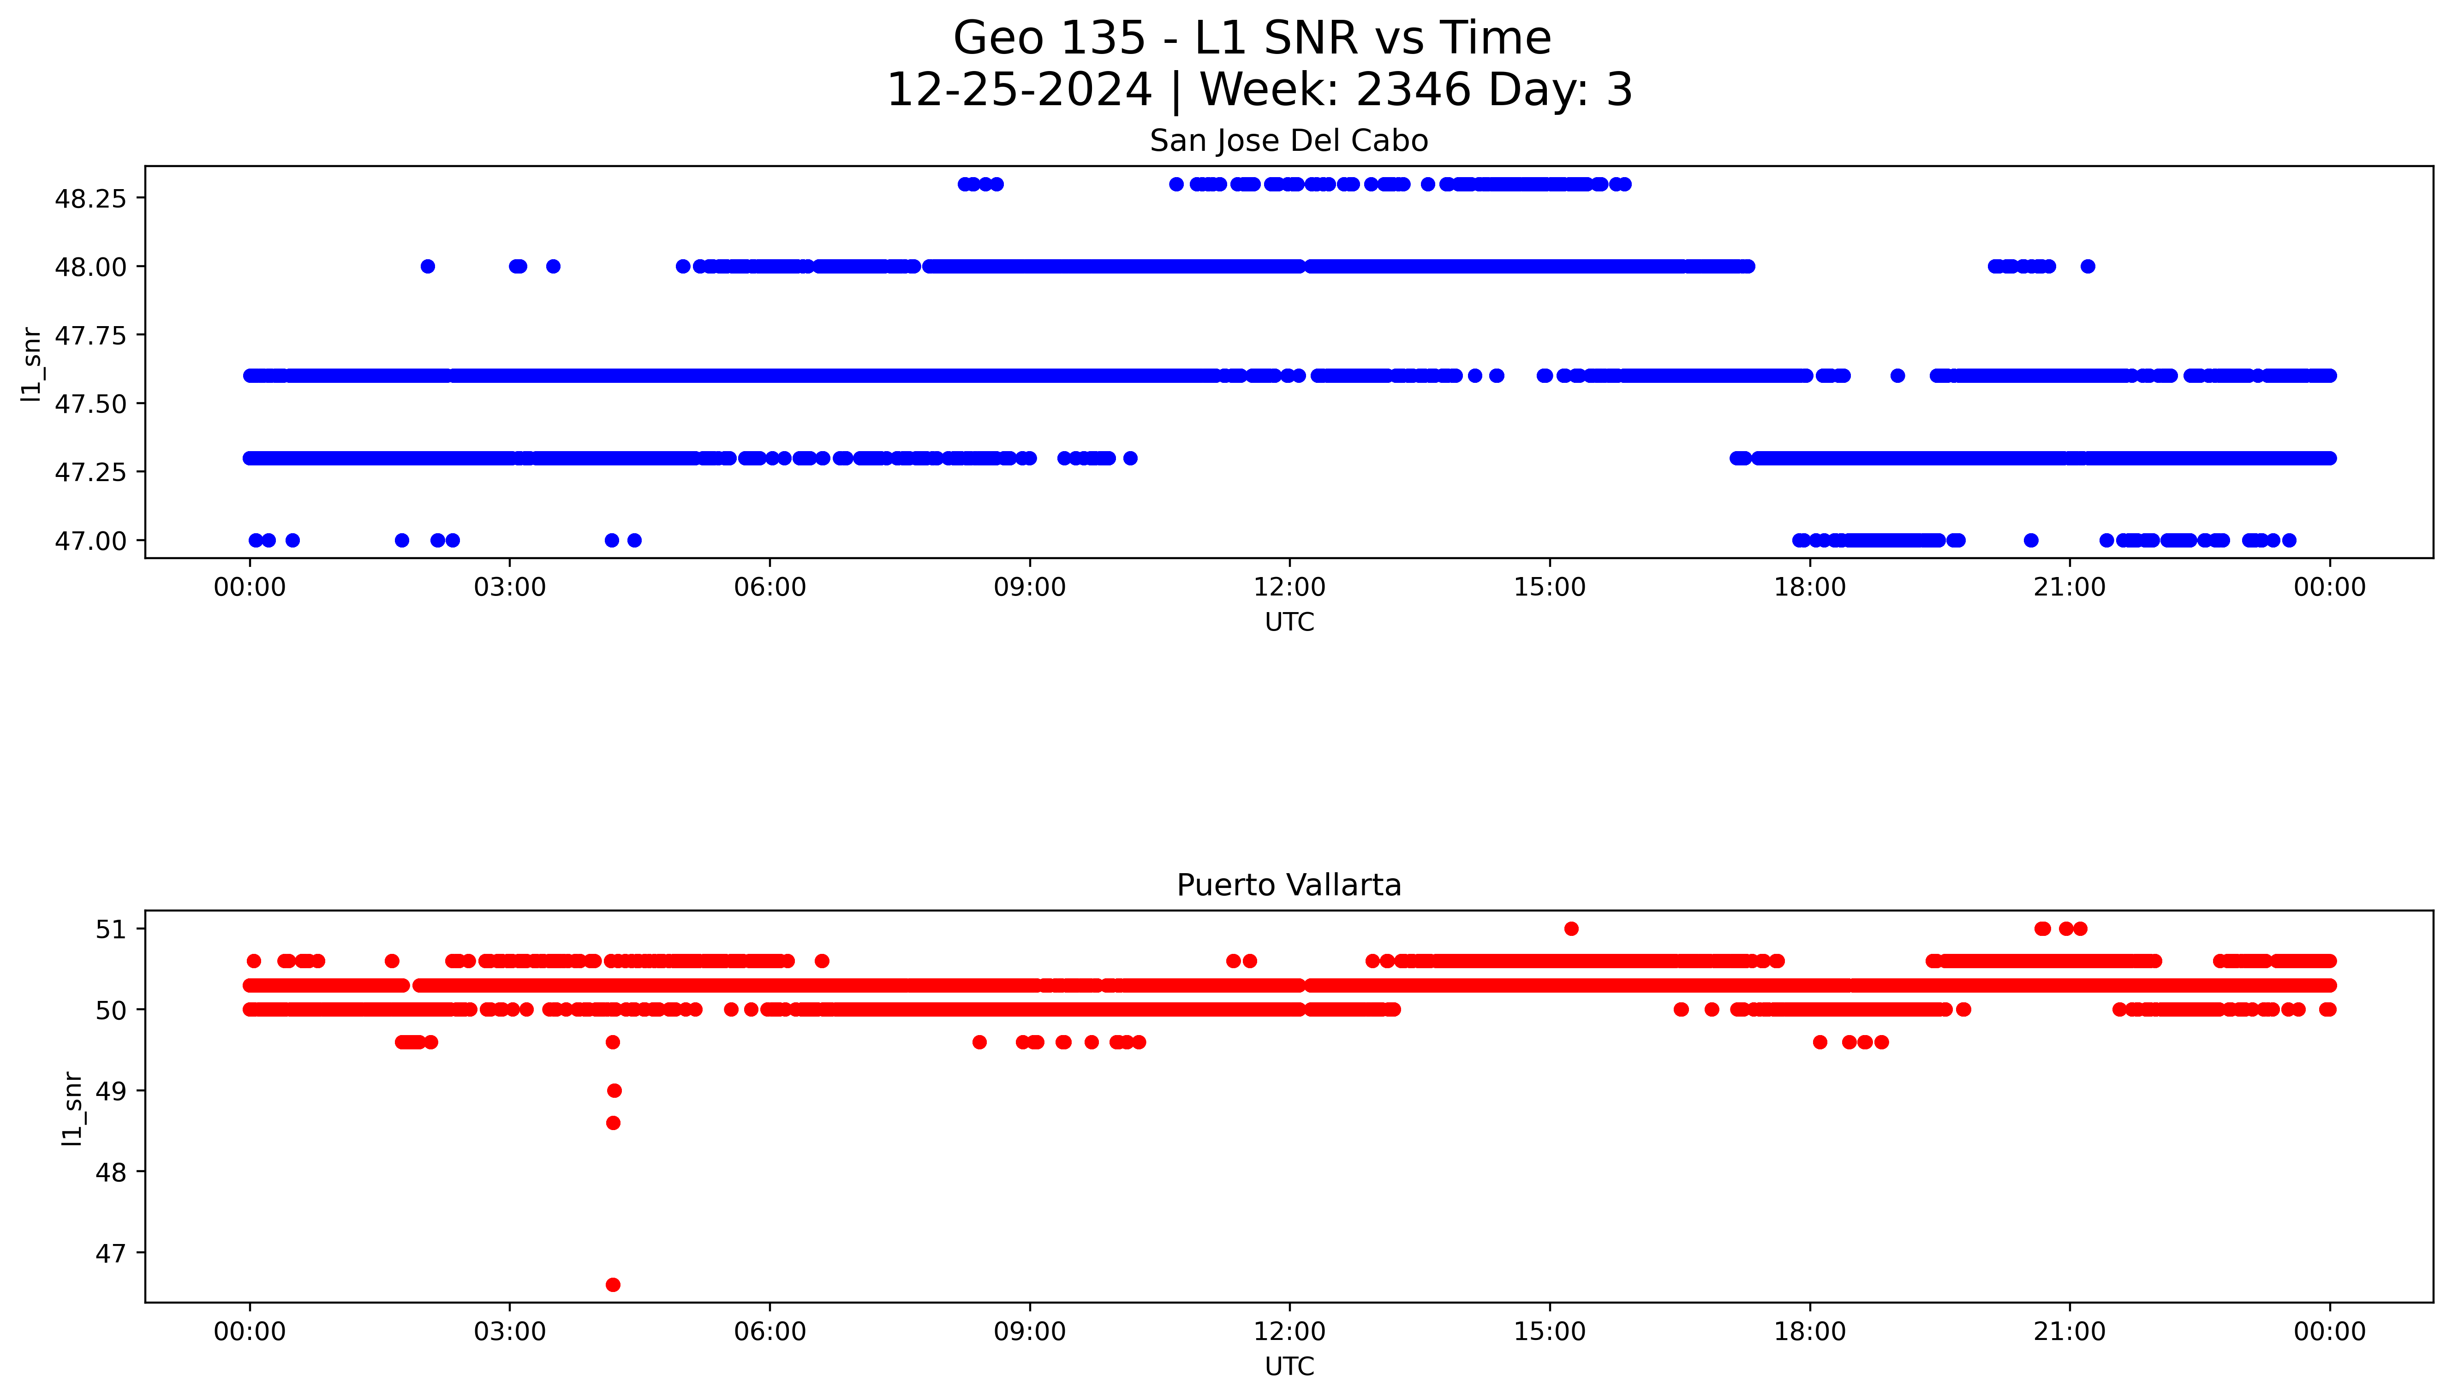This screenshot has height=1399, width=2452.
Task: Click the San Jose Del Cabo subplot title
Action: coord(1289,141)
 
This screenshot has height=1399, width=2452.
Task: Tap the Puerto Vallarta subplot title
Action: coord(1289,885)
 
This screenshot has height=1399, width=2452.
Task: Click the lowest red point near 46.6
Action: coord(613,1285)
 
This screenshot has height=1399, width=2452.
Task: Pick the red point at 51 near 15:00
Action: coord(1571,928)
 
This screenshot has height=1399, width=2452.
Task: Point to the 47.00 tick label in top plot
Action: coord(90,541)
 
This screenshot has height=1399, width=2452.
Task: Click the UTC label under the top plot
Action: coord(1289,622)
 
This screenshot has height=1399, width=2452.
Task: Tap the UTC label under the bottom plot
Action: coord(1289,1366)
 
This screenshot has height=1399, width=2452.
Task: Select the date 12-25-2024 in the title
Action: coord(1019,90)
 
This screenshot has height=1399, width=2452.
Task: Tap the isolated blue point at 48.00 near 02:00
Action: coord(428,266)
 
